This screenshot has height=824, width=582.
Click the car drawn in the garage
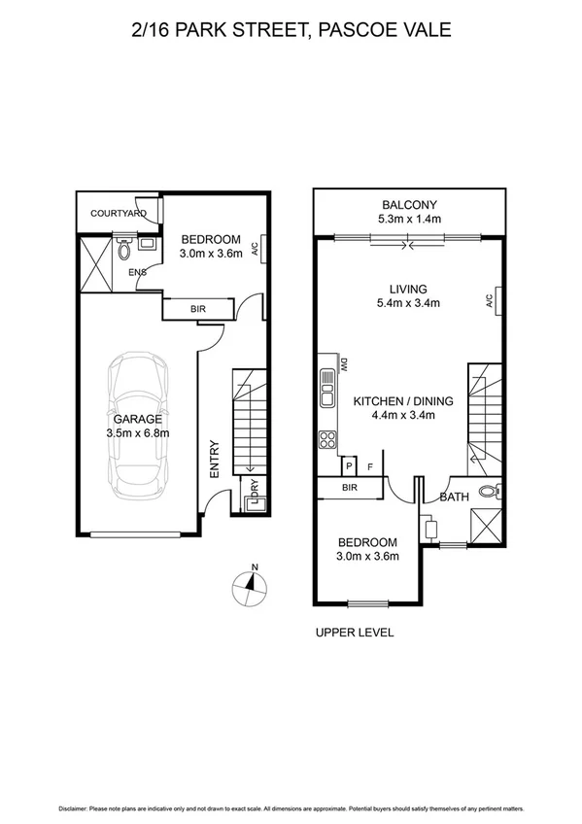pos(141,422)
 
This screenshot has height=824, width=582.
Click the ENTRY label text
pos(215,459)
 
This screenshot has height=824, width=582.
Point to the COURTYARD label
pos(119,213)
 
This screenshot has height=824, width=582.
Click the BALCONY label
pos(409,204)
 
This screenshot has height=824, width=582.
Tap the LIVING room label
pos(409,289)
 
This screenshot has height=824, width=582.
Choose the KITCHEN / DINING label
pos(394,400)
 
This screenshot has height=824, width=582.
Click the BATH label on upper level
pos(455,498)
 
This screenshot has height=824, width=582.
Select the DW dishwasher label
pos(343,364)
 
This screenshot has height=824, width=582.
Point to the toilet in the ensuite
pos(124,249)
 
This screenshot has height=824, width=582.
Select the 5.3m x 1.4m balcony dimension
pos(409,219)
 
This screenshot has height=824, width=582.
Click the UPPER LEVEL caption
pos(355,633)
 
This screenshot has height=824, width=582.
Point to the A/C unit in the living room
pos(495,301)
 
